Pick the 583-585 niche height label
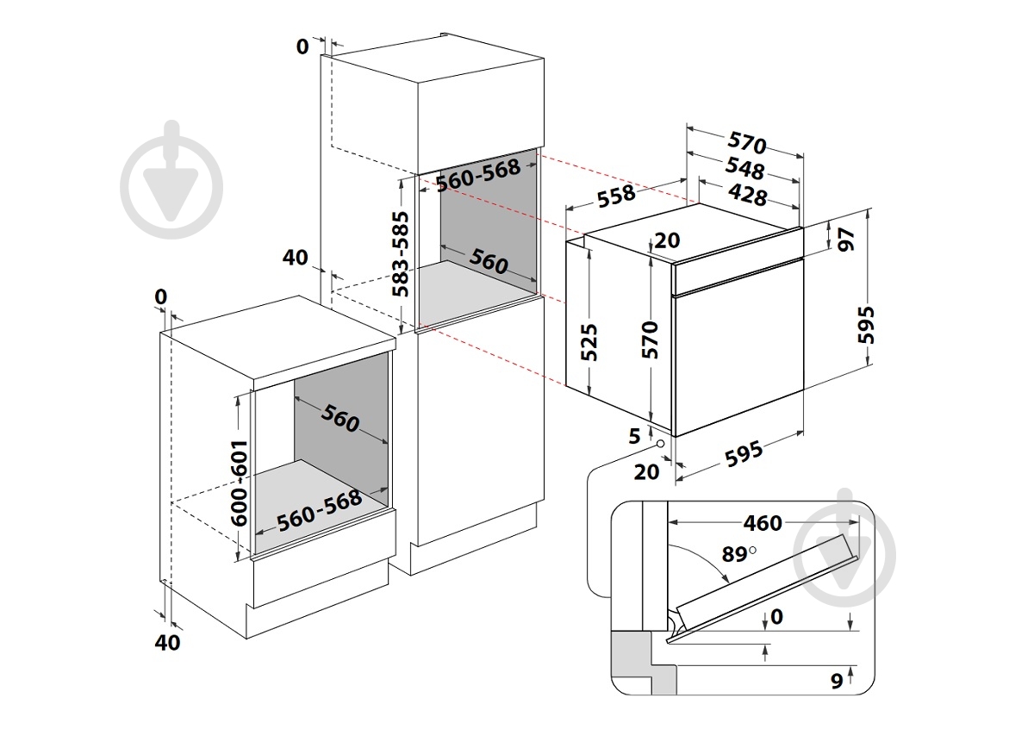(398, 254)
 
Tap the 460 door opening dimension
(763, 523)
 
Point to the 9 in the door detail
(836, 682)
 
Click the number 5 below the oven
(635, 437)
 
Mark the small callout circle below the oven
(660, 444)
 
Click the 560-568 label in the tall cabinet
(477, 176)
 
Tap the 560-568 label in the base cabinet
(319, 512)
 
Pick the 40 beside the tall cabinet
(295, 257)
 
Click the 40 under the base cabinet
(169, 642)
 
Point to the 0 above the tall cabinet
(302, 47)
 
